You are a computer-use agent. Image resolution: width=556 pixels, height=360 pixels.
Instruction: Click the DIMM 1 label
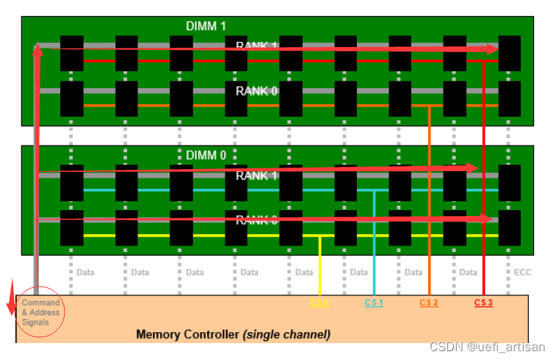click(206, 26)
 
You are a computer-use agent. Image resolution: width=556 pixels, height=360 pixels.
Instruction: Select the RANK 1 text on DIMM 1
click(256, 46)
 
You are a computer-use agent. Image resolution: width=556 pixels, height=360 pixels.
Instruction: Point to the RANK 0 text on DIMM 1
click(256, 91)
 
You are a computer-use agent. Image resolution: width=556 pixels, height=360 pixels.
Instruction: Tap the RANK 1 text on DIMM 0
click(256, 176)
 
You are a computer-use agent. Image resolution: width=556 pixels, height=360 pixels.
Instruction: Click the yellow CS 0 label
click(319, 303)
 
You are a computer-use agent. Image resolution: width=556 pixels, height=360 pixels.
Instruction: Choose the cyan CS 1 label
click(374, 303)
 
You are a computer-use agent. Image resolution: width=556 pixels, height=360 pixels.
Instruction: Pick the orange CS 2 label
click(429, 303)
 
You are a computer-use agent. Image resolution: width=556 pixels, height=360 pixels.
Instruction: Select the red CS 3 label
click(483, 303)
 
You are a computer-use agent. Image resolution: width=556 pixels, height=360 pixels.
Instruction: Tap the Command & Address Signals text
click(40, 312)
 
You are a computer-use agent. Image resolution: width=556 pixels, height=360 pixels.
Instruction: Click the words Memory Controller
click(188, 335)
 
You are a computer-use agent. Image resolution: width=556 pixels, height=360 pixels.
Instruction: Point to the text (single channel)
click(286, 335)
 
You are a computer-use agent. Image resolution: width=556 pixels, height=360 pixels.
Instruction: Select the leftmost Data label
click(84, 273)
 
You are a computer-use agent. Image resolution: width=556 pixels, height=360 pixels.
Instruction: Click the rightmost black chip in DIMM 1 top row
click(509, 54)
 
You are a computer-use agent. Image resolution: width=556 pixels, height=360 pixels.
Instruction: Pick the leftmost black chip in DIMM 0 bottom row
click(71, 228)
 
